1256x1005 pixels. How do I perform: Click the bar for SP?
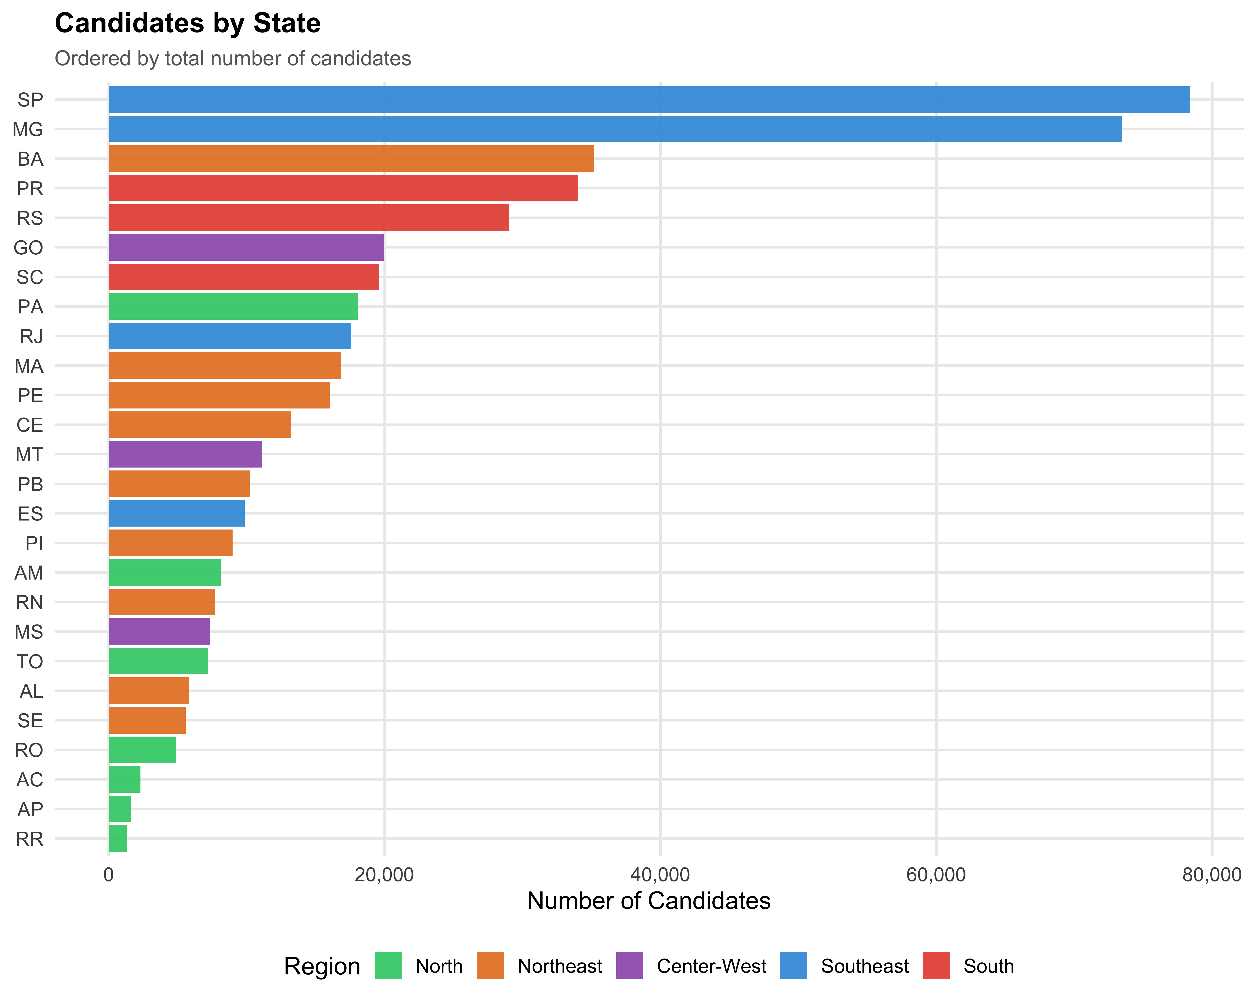click(648, 100)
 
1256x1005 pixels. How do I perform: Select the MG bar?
click(615, 129)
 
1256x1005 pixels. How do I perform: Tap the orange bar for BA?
click(351, 158)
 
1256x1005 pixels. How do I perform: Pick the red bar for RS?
click(309, 218)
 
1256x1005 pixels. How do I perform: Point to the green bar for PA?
click(233, 307)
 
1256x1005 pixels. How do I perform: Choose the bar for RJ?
click(229, 336)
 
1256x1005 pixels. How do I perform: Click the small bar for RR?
click(118, 838)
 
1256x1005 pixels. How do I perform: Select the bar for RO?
click(142, 750)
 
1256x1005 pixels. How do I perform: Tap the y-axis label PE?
click(30, 396)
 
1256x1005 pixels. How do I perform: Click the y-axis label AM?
click(29, 573)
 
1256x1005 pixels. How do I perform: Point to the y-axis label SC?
click(30, 277)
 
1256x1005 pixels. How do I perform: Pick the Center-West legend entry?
click(711, 966)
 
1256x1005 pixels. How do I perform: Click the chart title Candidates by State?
click(188, 23)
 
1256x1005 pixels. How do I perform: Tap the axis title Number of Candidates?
click(648, 901)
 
